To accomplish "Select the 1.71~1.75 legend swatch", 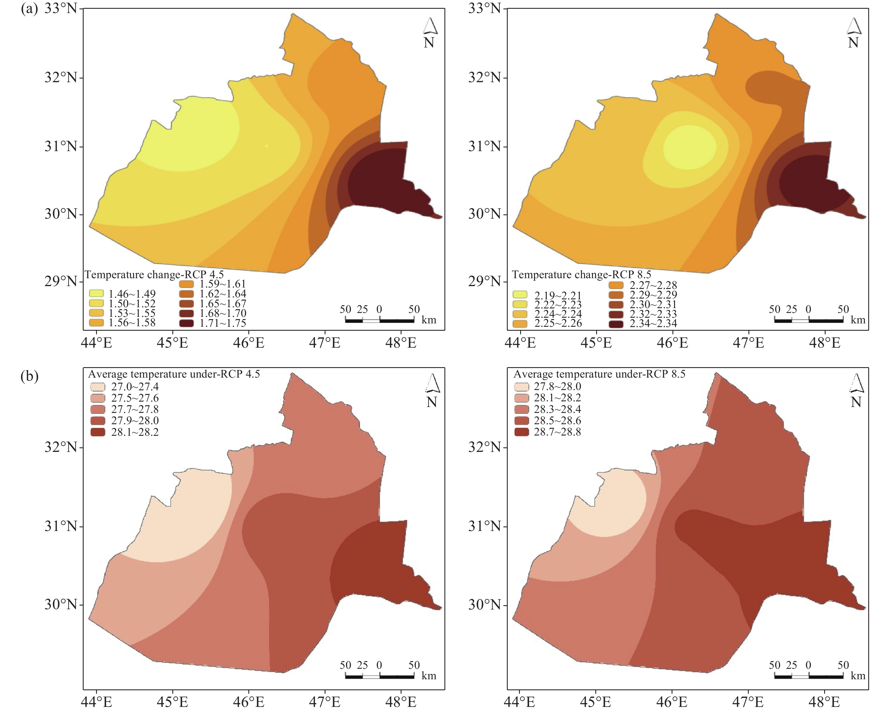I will click(x=186, y=323).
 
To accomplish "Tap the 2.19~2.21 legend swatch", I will click(x=520, y=295).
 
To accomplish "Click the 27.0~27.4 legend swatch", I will click(x=98, y=387).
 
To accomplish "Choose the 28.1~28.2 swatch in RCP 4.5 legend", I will click(x=98, y=432).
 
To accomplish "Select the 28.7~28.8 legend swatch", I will click(x=521, y=432).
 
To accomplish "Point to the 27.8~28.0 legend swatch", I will click(x=521, y=387).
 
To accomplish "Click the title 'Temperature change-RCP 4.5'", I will click(x=154, y=275).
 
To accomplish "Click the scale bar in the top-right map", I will click(x=809, y=320).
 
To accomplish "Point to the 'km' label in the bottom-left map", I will click(x=429, y=676).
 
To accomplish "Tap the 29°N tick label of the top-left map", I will click(x=61, y=282).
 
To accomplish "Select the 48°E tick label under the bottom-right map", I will click(x=824, y=702).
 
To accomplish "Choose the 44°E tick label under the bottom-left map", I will click(x=97, y=702).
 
